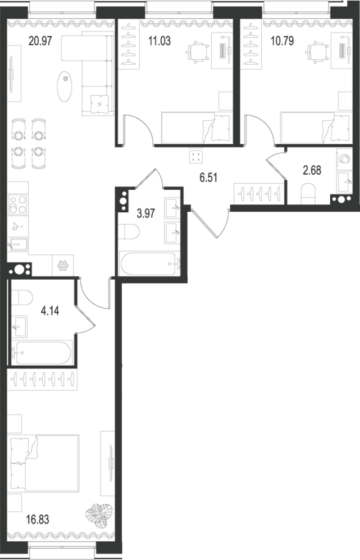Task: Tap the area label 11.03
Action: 160,41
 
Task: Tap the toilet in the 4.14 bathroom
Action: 22,297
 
